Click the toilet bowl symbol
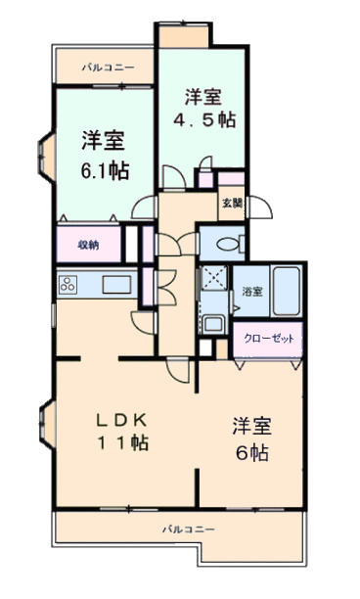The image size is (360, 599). (x=230, y=244)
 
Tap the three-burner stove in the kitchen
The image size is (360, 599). (x=67, y=285)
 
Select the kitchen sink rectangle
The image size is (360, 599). (x=116, y=284)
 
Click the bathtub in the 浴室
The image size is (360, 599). (x=287, y=291)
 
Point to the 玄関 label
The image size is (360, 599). (x=232, y=204)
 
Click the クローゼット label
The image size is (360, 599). (x=269, y=339)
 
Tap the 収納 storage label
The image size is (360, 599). (x=89, y=245)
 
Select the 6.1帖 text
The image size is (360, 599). (x=105, y=171)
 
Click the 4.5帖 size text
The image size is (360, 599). (x=204, y=120)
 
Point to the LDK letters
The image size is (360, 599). (x=121, y=421)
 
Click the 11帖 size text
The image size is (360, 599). (x=121, y=442)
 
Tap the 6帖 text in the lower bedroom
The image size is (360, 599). (x=252, y=453)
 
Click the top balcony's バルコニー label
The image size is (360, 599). (x=108, y=68)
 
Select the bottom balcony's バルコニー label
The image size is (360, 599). (x=189, y=530)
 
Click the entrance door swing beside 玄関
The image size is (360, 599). (x=259, y=207)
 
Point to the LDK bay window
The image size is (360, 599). (x=47, y=424)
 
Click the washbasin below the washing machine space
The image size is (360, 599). (x=213, y=324)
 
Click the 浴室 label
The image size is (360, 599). (x=252, y=292)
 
